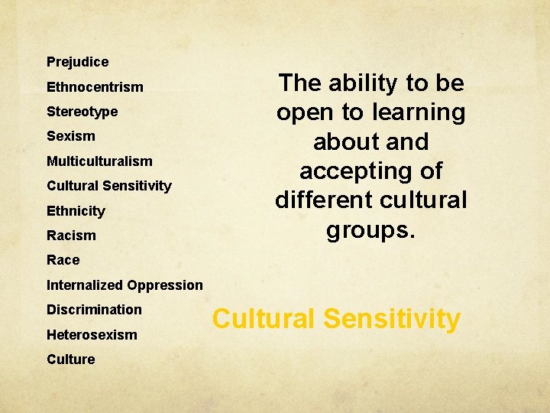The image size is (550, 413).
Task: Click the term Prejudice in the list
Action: pyautogui.click(x=77, y=62)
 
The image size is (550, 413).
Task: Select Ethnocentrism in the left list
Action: pyautogui.click(x=95, y=87)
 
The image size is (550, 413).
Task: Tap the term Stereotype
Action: pyautogui.click(x=82, y=112)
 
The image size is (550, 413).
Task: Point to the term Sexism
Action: pyautogui.click(x=71, y=136)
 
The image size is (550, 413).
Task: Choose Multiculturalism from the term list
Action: pyautogui.click(x=99, y=161)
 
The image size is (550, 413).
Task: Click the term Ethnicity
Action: pyautogui.click(x=76, y=211)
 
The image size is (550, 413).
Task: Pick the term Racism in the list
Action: pyautogui.click(x=71, y=236)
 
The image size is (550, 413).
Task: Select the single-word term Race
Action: pyautogui.click(x=63, y=260)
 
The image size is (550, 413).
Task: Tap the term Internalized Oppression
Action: pyautogui.click(x=125, y=285)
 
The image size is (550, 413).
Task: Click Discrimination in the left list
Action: pyautogui.click(x=94, y=310)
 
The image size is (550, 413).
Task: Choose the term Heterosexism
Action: pyautogui.click(x=92, y=335)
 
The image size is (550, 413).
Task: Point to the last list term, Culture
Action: pyautogui.click(x=70, y=359)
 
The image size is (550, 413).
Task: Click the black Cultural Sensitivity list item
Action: pyautogui.click(x=108, y=186)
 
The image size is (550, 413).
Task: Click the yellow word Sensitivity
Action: pyautogui.click(x=392, y=319)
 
